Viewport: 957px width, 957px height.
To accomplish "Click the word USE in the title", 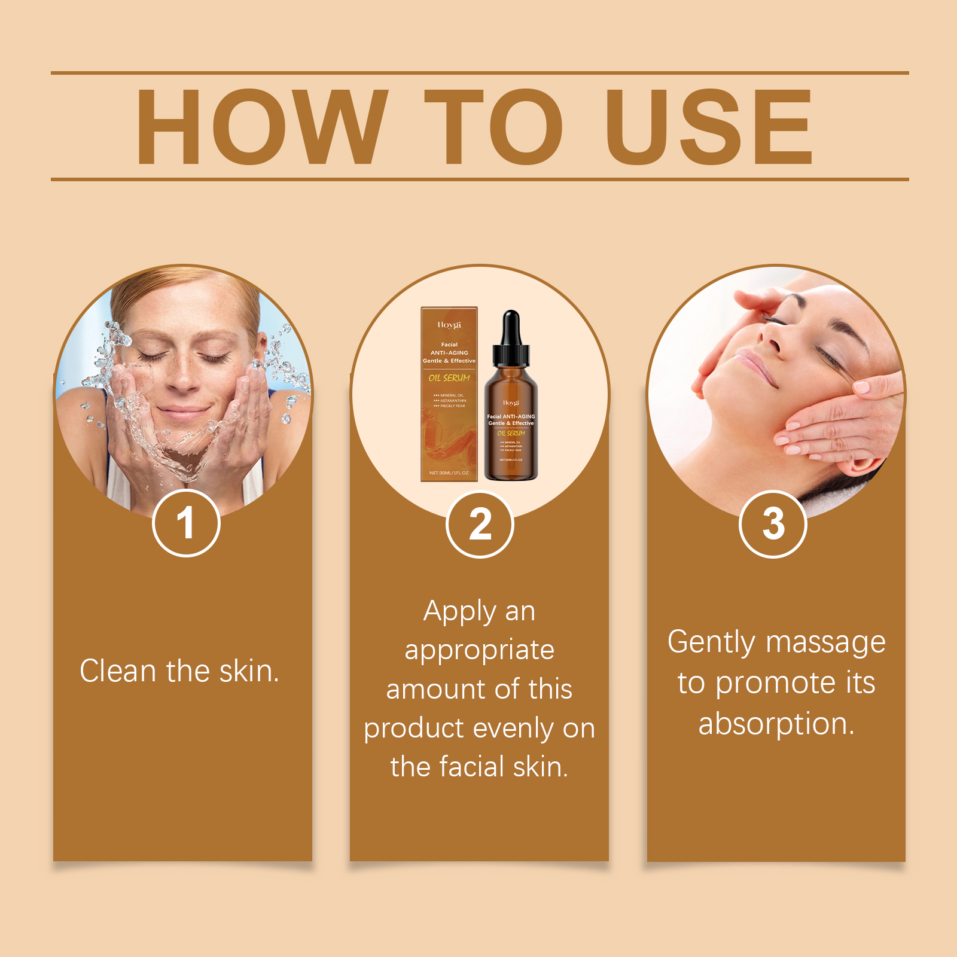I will pyautogui.click(x=709, y=127).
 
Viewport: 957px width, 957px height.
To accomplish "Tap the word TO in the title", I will pyautogui.click(x=493, y=127).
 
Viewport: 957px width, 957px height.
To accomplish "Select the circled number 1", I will pyautogui.click(x=186, y=523).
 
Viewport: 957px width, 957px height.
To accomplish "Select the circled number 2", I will pyautogui.click(x=480, y=524).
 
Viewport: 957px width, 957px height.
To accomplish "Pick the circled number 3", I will pyautogui.click(x=773, y=524).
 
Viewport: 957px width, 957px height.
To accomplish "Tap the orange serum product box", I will pyautogui.click(x=449, y=395).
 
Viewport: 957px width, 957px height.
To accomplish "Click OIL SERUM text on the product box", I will pyautogui.click(x=449, y=378).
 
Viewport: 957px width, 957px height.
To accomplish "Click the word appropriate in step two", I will pyautogui.click(x=479, y=651).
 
